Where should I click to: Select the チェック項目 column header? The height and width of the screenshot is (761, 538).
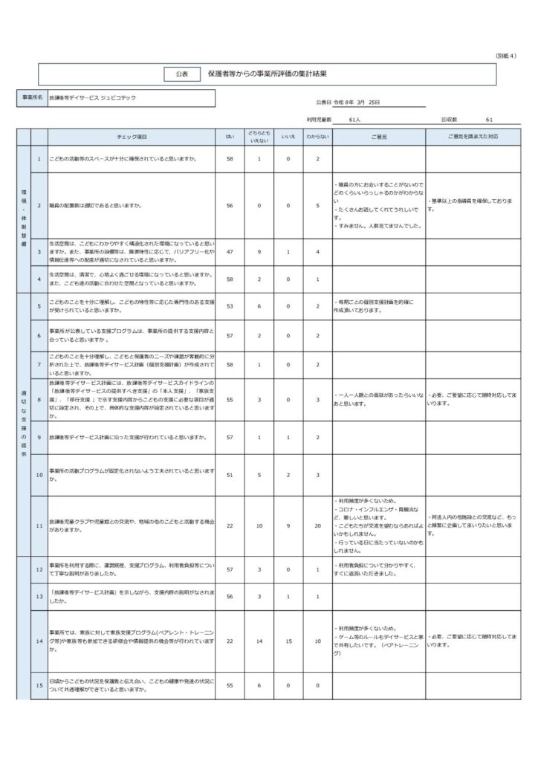tap(132, 137)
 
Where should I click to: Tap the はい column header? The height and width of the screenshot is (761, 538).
tap(230, 137)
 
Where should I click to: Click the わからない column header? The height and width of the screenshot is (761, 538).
tap(317, 137)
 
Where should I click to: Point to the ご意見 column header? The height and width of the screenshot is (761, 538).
tap(378, 137)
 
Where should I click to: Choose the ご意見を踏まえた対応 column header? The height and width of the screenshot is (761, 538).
tap(473, 137)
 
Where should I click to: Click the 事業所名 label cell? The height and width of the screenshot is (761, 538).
tap(32, 98)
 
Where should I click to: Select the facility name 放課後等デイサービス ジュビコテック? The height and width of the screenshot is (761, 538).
tap(92, 98)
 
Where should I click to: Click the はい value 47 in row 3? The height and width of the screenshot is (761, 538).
tap(230, 252)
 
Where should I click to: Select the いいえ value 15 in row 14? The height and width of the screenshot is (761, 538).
tap(288, 641)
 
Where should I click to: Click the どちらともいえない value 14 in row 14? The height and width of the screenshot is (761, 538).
tap(259, 641)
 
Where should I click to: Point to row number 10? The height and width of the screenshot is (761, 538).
tap(39, 474)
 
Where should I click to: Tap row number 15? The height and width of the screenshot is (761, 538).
tap(39, 685)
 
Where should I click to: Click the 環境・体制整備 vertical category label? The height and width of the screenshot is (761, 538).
tap(23, 218)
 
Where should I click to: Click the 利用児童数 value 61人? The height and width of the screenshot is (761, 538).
tap(354, 119)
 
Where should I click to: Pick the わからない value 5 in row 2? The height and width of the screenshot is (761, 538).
tap(317, 205)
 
